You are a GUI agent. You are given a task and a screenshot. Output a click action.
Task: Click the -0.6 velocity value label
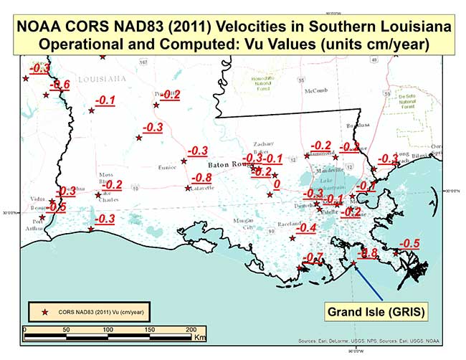pos(59,85)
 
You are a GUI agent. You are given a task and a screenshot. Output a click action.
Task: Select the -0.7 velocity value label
pos(313,258)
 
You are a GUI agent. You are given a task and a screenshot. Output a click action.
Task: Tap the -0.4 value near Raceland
pos(307,228)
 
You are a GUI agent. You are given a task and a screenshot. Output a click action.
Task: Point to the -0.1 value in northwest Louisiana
pos(105,100)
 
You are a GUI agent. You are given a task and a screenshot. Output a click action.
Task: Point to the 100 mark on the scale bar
pos(108,329)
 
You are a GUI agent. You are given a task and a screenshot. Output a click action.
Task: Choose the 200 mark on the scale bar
pos(191,329)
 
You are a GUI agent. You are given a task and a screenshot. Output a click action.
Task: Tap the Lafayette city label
pos(203,187)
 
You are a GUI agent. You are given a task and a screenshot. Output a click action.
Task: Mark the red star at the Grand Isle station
pos(353,263)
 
